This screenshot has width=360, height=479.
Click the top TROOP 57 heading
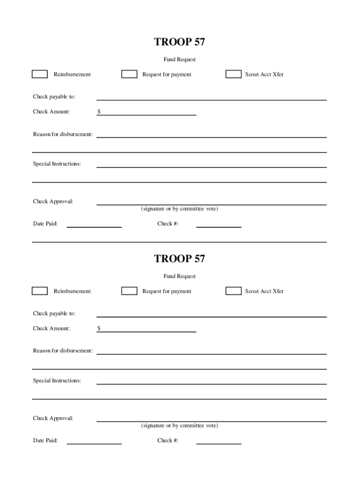[180, 42]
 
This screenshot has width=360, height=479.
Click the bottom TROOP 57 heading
[180, 259]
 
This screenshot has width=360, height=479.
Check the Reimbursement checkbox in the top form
[40, 74]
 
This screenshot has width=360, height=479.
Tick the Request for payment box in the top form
[129, 74]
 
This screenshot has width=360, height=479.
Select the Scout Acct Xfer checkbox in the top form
[233, 74]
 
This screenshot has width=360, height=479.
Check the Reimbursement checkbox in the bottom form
[40, 291]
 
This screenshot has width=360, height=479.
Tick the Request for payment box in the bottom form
[129, 291]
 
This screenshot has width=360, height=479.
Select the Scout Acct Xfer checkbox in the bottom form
[233, 291]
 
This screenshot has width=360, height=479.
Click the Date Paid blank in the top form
[94, 224]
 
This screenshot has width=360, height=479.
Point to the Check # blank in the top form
[218, 224]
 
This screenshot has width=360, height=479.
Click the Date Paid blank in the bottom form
[94, 441]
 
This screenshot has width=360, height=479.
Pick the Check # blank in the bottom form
[218, 441]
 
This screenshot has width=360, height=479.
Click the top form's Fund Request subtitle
[180, 59]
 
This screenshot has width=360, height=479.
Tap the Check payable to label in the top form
[54, 97]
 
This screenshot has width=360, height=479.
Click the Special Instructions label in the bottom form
[57, 381]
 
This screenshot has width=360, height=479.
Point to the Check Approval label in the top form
[53, 202]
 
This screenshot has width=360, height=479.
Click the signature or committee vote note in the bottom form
[180, 426]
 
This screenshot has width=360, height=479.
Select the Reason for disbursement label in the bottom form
[63, 351]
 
